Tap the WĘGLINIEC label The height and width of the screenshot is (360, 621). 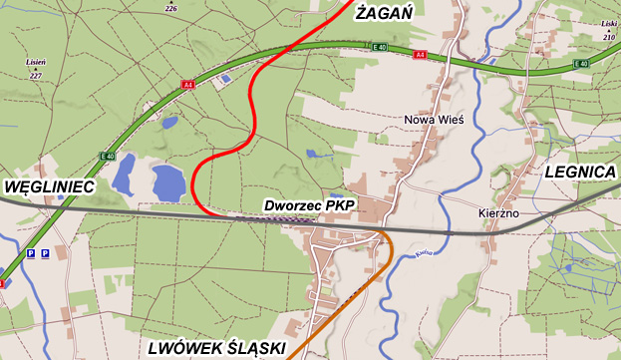pos(50,186)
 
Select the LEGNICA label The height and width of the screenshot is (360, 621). pos(580,172)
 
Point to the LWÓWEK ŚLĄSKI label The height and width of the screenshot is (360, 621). pos(215,348)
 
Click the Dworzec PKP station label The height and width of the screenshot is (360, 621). pos(310,206)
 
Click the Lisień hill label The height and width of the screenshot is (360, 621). pos(36,62)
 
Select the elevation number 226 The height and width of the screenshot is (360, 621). pos(170,8)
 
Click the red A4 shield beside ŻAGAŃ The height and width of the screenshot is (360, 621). pos(420,54)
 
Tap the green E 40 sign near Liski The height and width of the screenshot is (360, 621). pos(581,65)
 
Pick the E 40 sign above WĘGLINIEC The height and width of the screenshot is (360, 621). pos(109,156)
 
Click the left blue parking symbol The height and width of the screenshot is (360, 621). pos(31,254)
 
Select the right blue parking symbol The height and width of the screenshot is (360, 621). pos(45,254)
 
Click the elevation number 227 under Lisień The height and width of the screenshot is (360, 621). pos(36,76)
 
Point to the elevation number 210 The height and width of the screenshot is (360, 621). pos(609,37)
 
